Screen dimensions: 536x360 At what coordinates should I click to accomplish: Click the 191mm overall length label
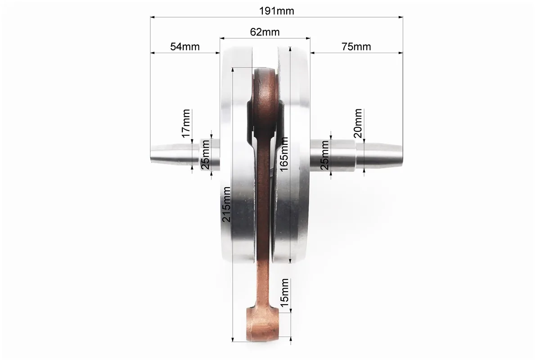pos(276,11)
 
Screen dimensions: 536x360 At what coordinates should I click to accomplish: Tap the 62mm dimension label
pos(265,32)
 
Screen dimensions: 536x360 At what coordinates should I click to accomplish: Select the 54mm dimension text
pos(185,46)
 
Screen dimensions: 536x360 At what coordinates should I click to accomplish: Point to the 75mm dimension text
pos(356,46)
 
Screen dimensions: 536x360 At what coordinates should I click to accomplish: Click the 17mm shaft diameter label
pos(186,123)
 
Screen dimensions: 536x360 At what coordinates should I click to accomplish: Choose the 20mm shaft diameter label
pos(358,123)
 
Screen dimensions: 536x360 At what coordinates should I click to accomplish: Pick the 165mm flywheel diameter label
pos(284,154)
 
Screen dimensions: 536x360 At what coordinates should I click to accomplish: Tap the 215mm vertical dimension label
pos(226,204)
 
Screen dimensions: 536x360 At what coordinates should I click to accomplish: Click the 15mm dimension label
pos(284,292)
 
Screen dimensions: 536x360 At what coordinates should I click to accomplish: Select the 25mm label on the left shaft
pos(205,155)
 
